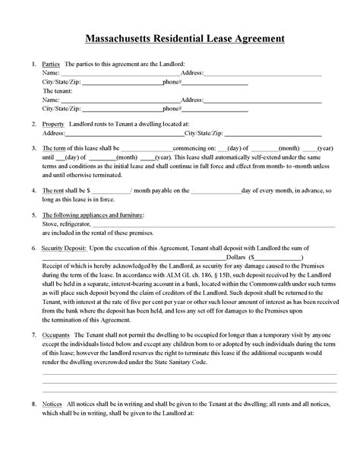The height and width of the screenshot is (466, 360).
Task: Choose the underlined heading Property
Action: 53,123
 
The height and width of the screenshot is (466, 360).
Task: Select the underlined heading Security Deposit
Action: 64,249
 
